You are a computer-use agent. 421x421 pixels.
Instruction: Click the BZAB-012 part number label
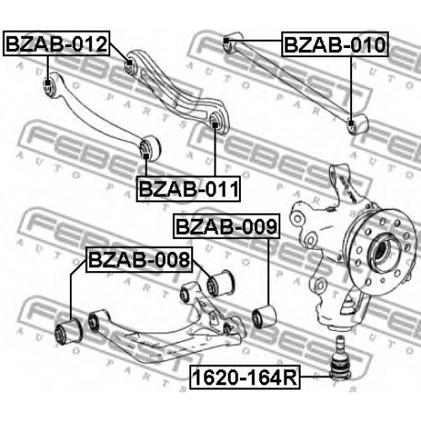pos(56,44)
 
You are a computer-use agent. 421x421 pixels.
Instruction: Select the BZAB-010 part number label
pos(335,45)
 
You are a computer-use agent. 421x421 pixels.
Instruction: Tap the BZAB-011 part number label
pos(189,189)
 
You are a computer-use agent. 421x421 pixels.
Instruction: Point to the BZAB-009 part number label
pos(226,226)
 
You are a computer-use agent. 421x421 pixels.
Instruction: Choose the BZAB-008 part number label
pos(139,259)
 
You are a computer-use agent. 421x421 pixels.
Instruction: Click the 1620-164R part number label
pos(245,377)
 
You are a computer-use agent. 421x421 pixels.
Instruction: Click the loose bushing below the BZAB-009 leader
pos(264,317)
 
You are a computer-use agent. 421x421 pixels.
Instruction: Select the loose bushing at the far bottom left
pos(68,331)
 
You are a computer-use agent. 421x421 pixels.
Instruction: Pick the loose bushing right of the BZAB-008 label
pos(221,282)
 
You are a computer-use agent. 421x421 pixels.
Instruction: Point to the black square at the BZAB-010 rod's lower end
pos(350,123)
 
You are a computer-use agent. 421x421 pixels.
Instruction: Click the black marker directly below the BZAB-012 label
pos(48,83)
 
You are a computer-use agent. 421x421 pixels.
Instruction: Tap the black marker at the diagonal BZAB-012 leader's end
pos(129,62)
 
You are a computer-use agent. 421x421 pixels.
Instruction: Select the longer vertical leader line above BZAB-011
pos(215,152)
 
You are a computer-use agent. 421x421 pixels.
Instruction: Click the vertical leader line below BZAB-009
pos(269,272)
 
